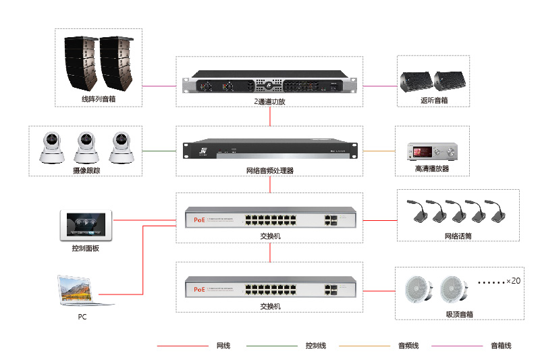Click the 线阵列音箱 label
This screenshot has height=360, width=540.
click(x=99, y=100)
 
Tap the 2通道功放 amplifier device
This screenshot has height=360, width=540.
click(x=270, y=86)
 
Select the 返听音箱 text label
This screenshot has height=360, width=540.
click(x=433, y=101)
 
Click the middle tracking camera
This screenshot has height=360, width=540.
click(x=86, y=149)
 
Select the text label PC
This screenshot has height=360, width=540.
click(x=82, y=316)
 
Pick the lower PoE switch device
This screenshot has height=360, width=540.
click(x=270, y=288)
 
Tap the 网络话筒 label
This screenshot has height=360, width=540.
click(x=458, y=236)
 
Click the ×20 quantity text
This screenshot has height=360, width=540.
click(x=513, y=280)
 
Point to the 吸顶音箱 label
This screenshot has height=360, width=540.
click(x=459, y=314)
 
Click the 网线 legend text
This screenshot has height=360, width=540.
click(x=223, y=346)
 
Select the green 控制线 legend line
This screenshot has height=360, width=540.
click(x=271, y=346)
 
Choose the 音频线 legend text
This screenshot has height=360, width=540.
click(x=408, y=346)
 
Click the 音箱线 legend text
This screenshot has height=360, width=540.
click(x=500, y=346)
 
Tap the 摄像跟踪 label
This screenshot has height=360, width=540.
click(x=86, y=172)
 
